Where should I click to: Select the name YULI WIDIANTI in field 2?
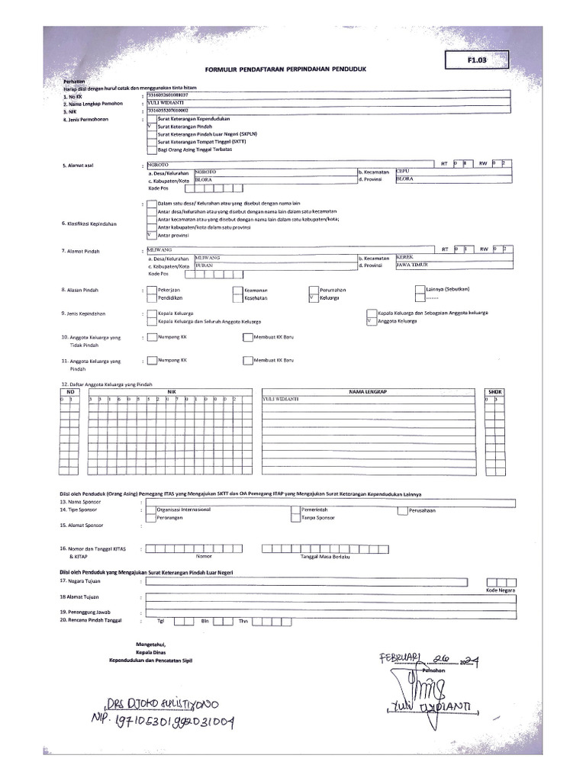[x=167, y=101]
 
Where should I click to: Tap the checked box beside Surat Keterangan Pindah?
[x=150, y=127]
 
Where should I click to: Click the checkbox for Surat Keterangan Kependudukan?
[x=150, y=119]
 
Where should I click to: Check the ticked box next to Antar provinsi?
[x=150, y=235]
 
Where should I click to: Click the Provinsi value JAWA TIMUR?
[x=411, y=265]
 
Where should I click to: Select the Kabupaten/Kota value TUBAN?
[x=204, y=265]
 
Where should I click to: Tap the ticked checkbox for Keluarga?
[x=312, y=298]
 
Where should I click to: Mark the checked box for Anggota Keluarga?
[x=371, y=321]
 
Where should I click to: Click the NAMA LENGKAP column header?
[x=369, y=391]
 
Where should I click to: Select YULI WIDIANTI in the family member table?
[x=280, y=399]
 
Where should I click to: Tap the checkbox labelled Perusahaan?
[x=402, y=509]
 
